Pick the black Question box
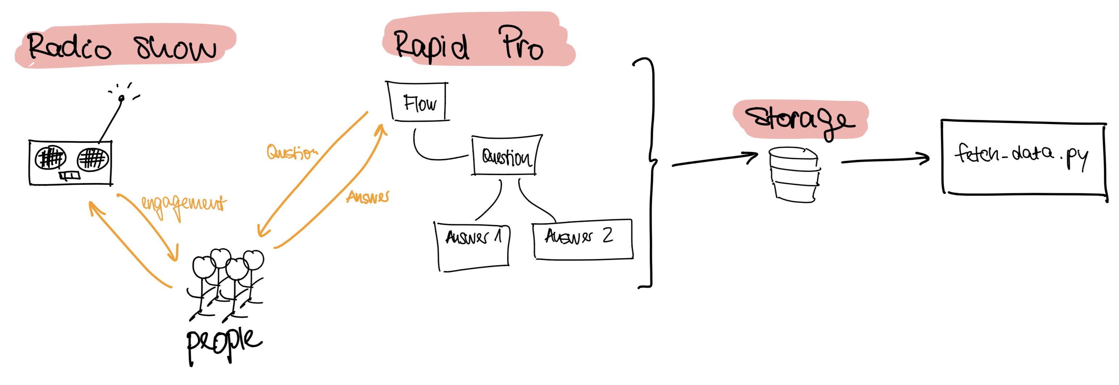point(506,156)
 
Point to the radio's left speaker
point(50,157)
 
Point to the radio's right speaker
point(93,158)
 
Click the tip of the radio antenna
point(122,98)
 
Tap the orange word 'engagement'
point(184,204)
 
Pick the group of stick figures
point(226,282)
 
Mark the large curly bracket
point(650,174)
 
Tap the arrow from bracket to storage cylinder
point(714,159)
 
